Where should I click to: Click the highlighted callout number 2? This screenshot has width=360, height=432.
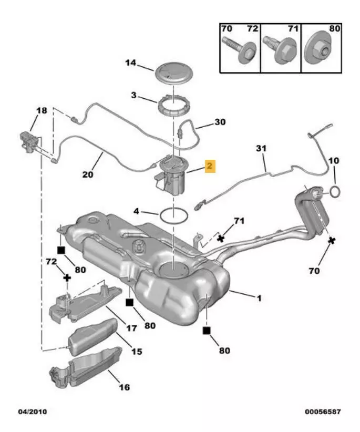pyautogui.click(x=210, y=167)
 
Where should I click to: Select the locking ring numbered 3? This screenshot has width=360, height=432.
pyautogui.click(x=172, y=108)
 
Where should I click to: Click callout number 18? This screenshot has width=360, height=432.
pyautogui.click(x=41, y=111)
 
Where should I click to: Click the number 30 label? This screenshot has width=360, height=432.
pyautogui.click(x=220, y=122)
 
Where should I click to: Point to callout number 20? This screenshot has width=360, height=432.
pyautogui.click(x=88, y=174)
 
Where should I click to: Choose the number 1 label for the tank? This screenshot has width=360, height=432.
pyautogui.click(x=259, y=298)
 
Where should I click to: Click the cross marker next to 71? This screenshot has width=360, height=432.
pyautogui.click(x=221, y=238)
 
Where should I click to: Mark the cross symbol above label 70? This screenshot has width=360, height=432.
pyautogui.click(x=332, y=241)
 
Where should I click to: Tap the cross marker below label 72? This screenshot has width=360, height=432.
pyautogui.click(x=67, y=276)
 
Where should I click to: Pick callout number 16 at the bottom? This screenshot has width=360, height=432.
pyautogui.click(x=124, y=388)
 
